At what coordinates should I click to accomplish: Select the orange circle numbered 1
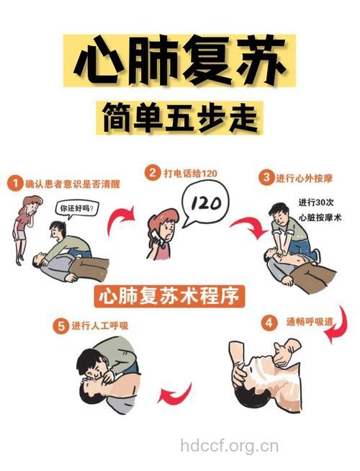(x=14, y=184)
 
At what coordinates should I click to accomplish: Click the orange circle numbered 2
(x=152, y=173)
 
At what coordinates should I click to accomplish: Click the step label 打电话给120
(x=190, y=174)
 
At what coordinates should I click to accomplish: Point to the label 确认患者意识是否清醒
(x=72, y=184)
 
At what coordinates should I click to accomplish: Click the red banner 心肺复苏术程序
(x=170, y=296)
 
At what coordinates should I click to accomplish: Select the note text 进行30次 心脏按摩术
(x=318, y=210)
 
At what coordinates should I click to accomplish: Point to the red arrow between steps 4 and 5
(x=174, y=395)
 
